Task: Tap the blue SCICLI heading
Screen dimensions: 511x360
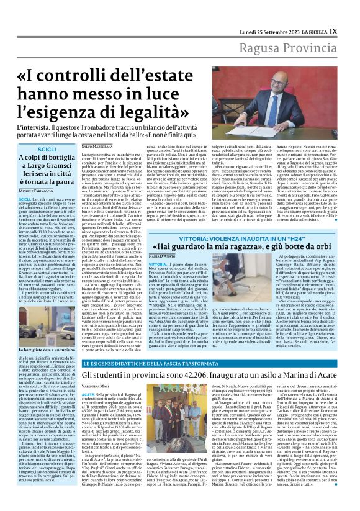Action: coord(47,150)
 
